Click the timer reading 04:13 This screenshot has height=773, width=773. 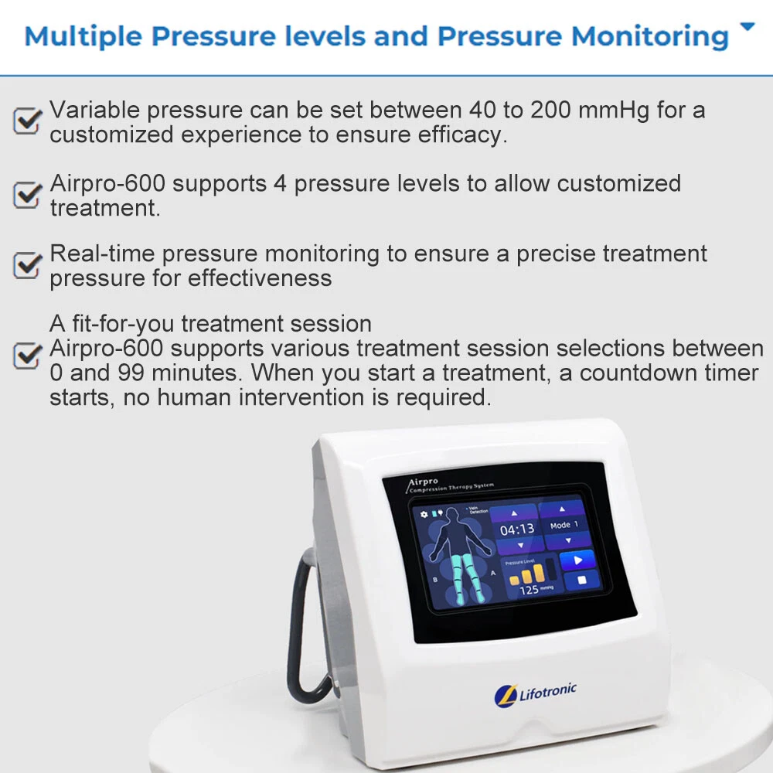pos(517,530)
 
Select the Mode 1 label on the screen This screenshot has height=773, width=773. pos(564,526)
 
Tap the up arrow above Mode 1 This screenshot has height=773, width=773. pos(562,509)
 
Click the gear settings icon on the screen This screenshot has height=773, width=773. pos(424,512)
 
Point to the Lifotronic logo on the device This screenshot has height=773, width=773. pos(535,692)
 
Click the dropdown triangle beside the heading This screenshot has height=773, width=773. pos(747,27)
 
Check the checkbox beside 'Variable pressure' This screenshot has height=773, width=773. pos(28,121)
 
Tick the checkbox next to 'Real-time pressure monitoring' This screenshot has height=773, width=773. pos(28,265)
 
